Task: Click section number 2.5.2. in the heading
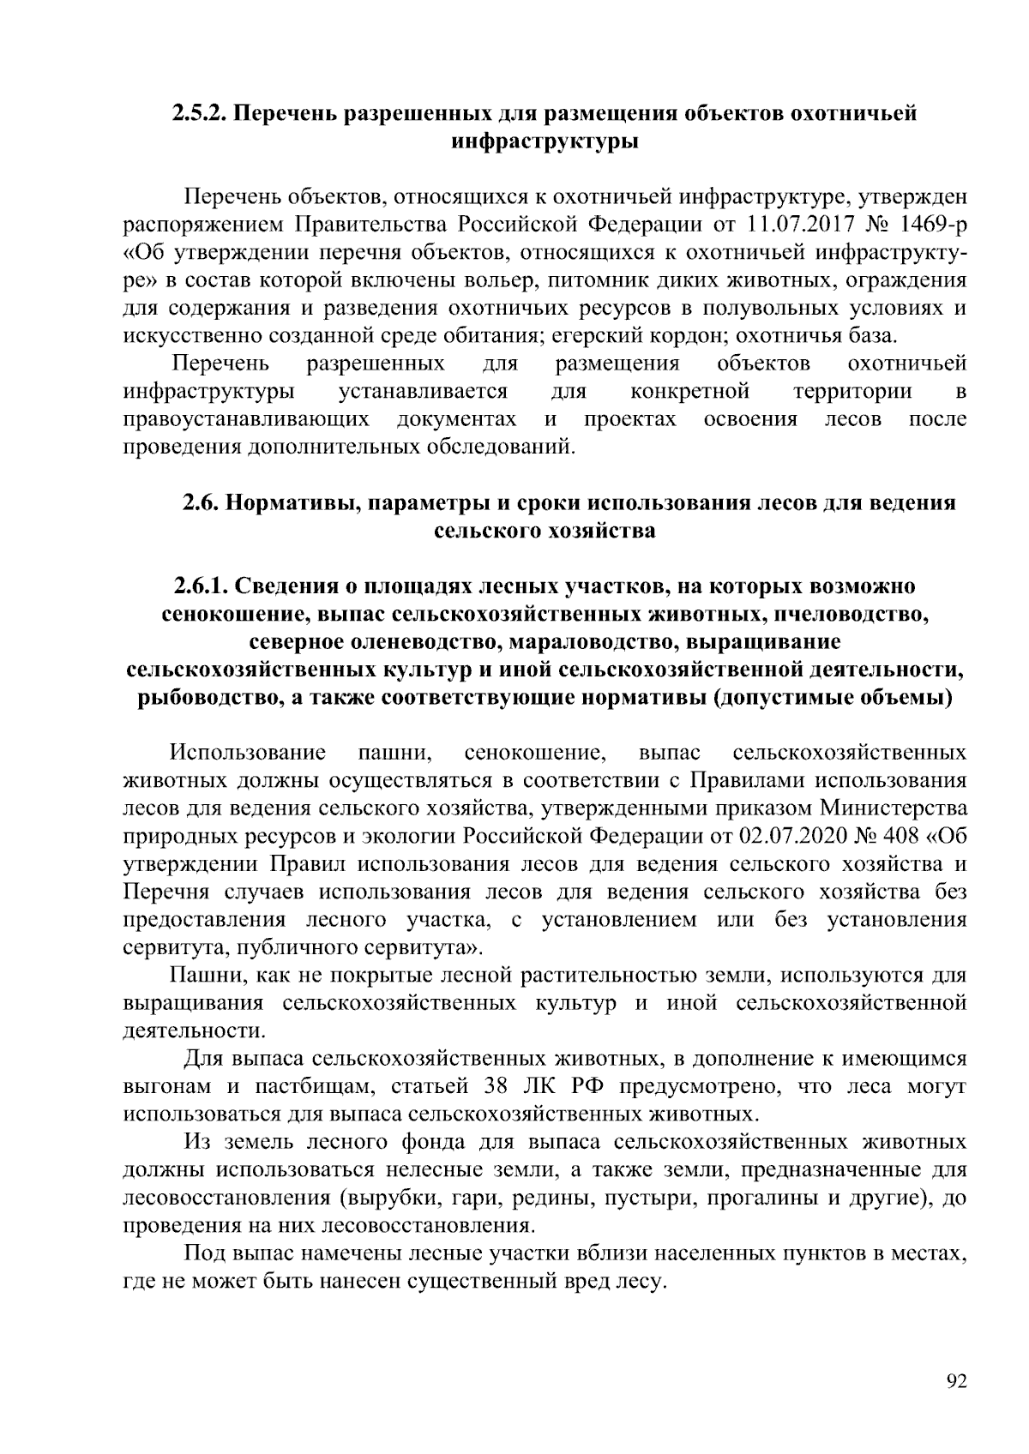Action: coord(199,113)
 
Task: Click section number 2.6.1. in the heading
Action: coord(199,586)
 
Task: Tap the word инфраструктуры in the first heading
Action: coord(545,141)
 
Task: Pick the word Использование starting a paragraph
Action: coord(248,754)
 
